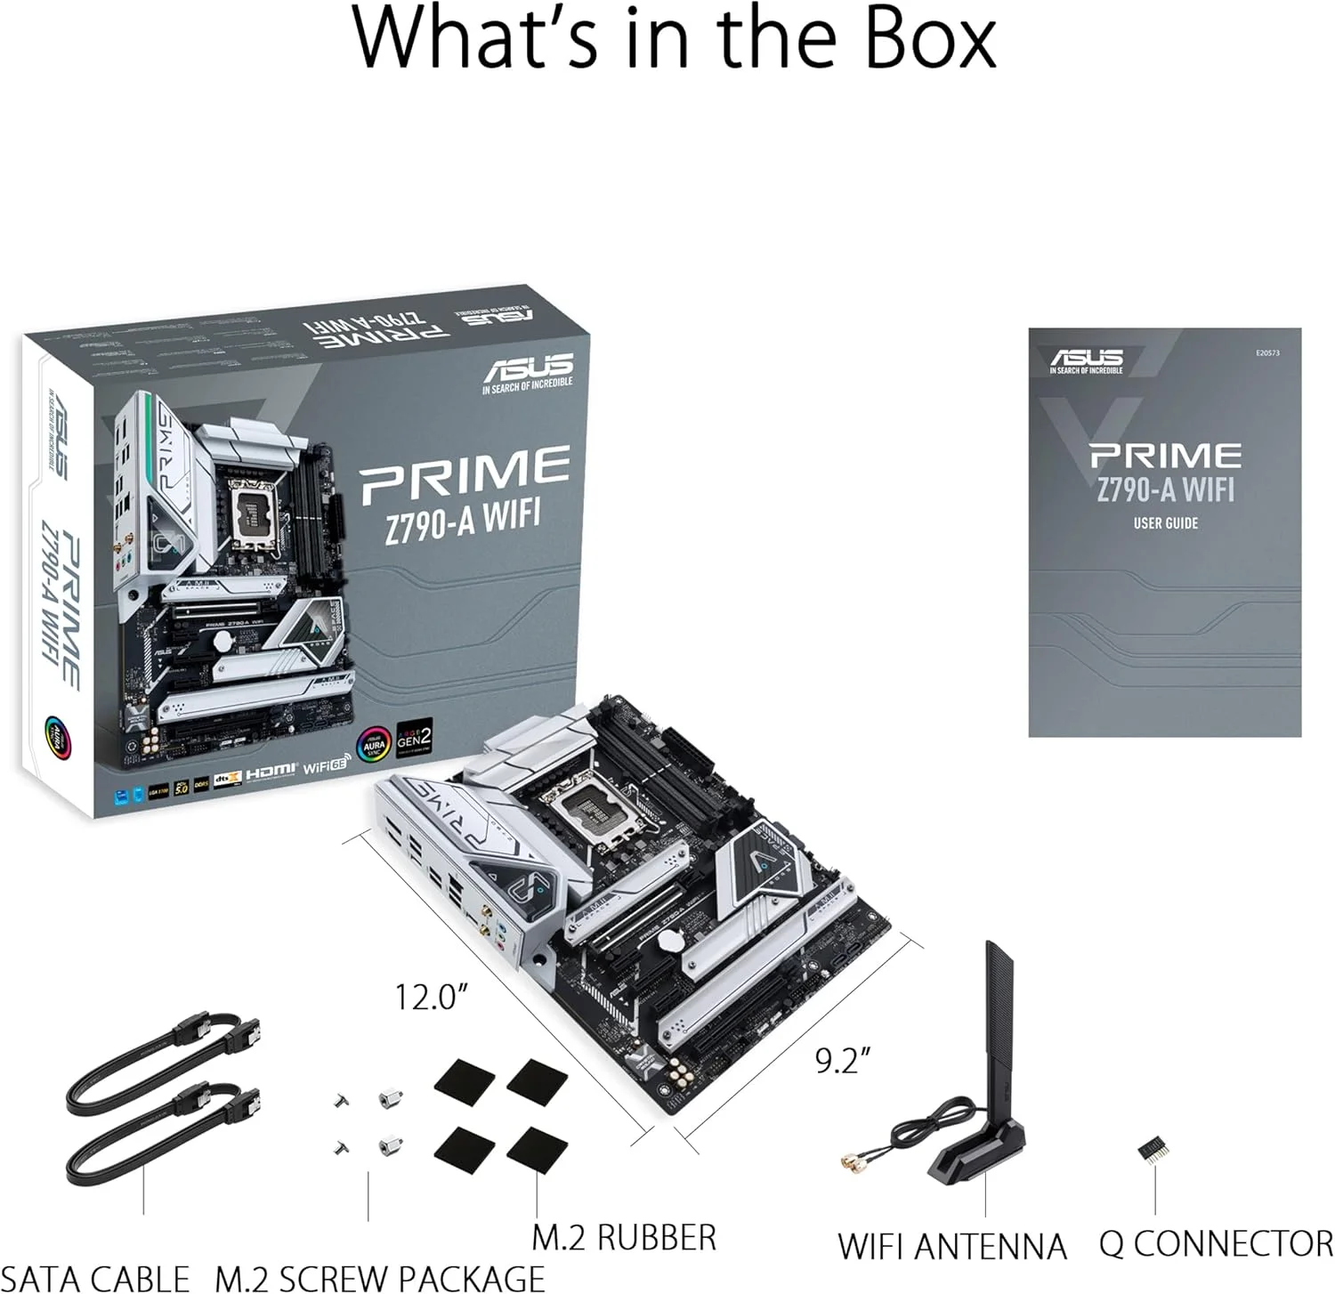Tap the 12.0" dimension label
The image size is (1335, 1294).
tap(431, 997)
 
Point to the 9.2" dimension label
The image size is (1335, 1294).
tap(842, 1060)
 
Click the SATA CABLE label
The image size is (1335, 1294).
tap(97, 1279)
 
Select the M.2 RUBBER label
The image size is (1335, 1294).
tap(623, 1238)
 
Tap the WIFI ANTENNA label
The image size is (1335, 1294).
tap(951, 1246)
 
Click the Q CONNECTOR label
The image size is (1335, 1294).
tap(1216, 1243)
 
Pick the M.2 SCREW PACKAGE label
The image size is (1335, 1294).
tap(380, 1279)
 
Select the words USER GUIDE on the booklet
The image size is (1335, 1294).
tap(1165, 523)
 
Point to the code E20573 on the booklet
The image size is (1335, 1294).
tap(1267, 353)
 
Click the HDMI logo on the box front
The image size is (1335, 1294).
tap(271, 772)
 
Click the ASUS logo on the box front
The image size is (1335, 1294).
tap(528, 371)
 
